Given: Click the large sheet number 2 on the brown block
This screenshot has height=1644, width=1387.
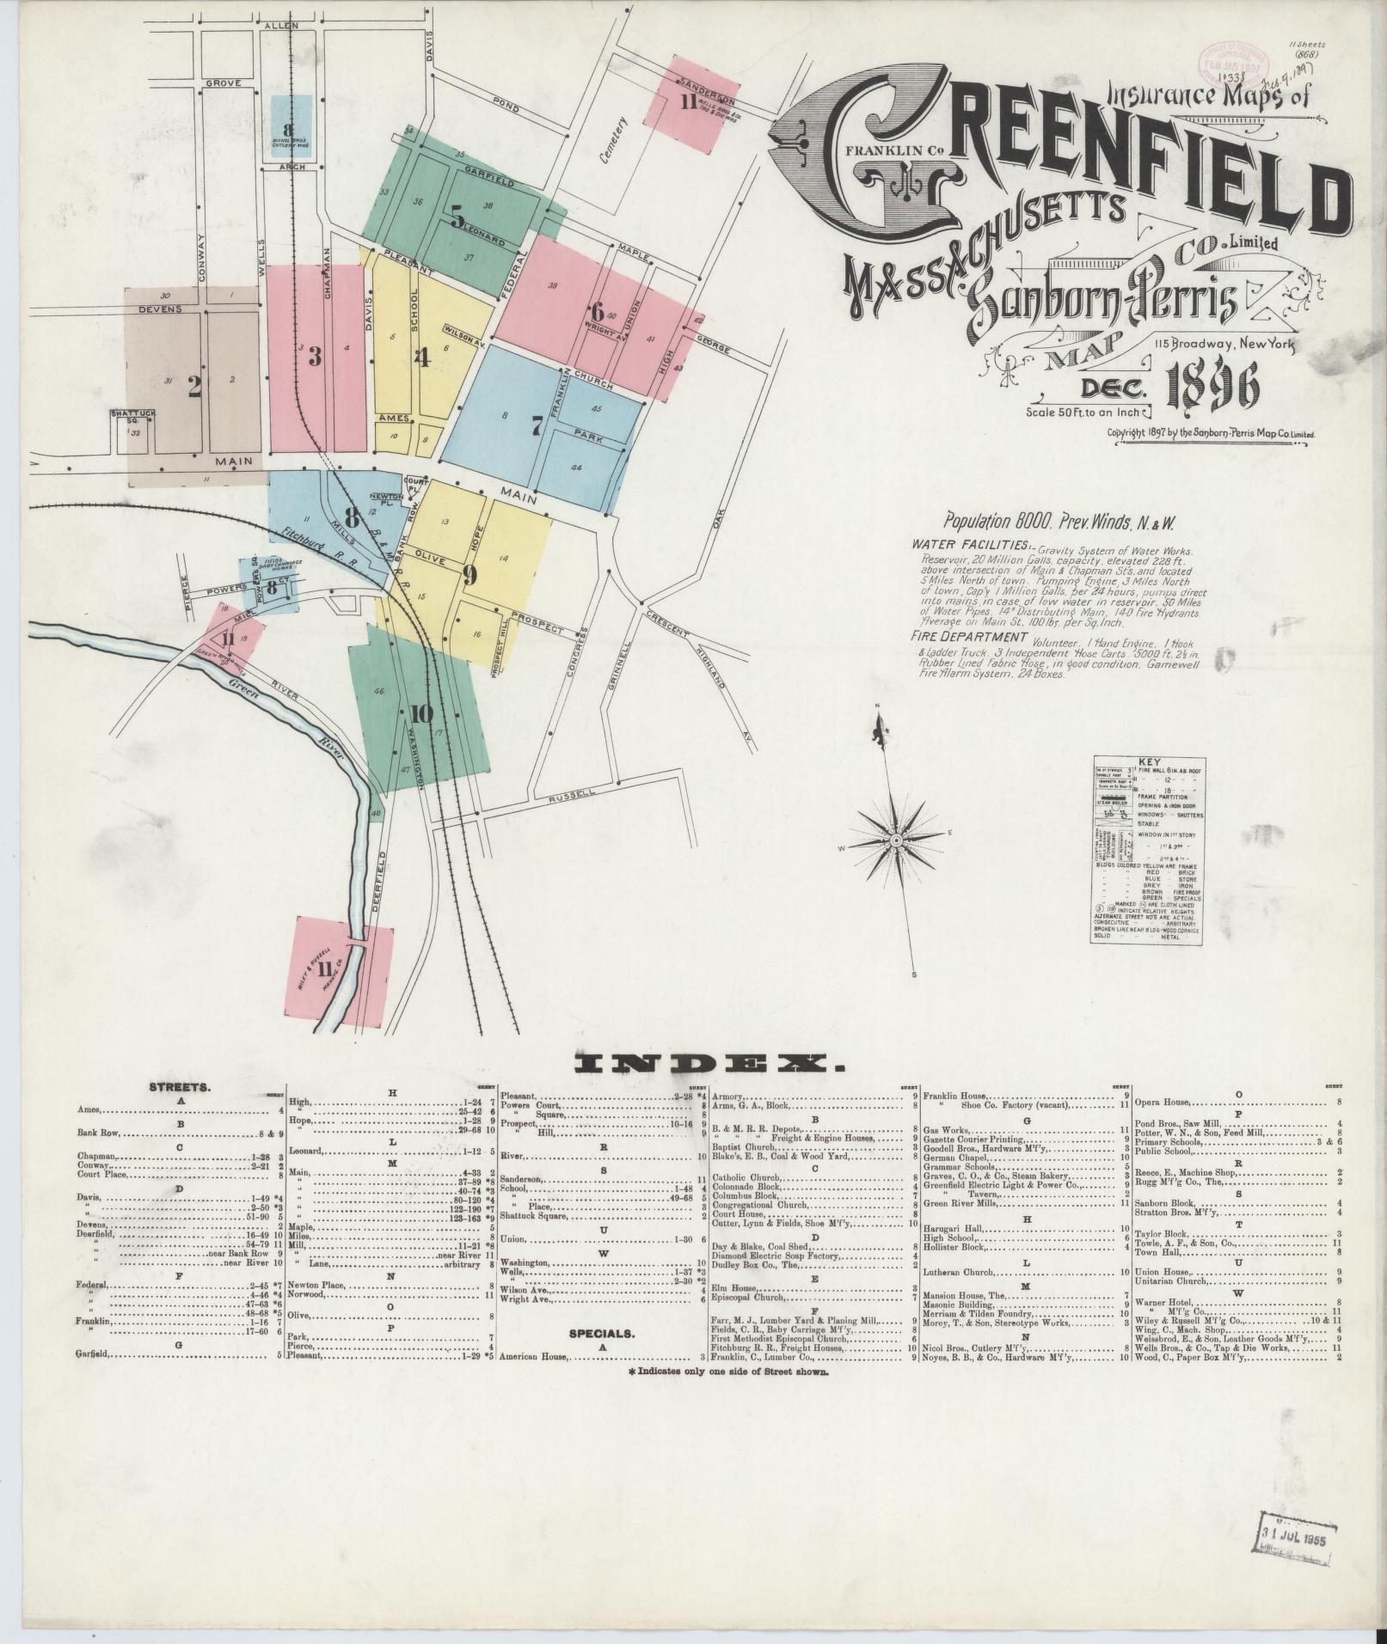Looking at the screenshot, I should (194, 388).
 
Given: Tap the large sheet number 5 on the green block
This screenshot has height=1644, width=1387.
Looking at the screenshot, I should (457, 215).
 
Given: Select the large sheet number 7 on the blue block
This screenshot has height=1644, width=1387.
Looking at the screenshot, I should (537, 425).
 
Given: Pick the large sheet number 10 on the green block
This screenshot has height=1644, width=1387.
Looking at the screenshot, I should (421, 713).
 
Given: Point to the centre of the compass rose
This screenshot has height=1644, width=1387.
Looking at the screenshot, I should (896, 838).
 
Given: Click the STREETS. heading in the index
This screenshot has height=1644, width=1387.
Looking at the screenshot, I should (180, 1086).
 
